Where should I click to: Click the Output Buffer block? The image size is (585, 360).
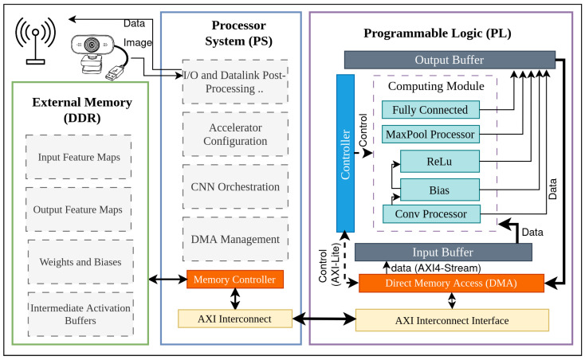(450, 60)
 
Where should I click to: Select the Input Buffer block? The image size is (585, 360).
(443, 252)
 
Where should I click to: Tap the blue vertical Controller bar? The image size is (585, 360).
(345, 153)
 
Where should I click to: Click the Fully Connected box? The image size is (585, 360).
(430, 110)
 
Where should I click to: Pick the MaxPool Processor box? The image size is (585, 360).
(430, 134)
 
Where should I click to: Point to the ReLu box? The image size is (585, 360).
(440, 162)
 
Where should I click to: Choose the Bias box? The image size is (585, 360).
(440, 190)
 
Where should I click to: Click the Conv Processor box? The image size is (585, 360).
(431, 214)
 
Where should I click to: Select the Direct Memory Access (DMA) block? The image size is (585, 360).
(451, 284)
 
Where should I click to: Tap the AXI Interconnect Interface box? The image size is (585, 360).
(452, 320)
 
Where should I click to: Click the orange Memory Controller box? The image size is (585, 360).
(235, 279)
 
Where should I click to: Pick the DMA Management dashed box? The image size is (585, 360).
(235, 239)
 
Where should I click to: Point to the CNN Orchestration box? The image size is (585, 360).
(235, 186)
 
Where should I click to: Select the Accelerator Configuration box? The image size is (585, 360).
(235, 134)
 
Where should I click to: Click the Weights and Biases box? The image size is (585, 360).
(80, 262)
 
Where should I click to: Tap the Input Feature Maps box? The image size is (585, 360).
(79, 157)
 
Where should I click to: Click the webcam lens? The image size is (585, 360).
(92, 45)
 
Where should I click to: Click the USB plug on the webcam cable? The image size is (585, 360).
(115, 72)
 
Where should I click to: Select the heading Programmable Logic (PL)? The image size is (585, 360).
(438, 33)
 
